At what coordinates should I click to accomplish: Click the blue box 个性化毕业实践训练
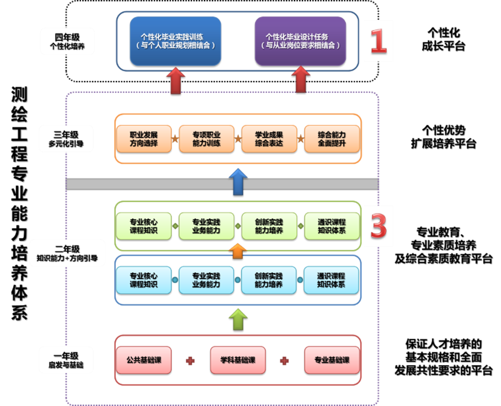tap(175, 41)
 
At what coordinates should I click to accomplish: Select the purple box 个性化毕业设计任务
tap(301, 41)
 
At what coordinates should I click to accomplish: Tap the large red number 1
tap(378, 41)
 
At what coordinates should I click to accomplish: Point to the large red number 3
tap(378, 226)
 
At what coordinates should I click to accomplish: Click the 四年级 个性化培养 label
tap(67, 41)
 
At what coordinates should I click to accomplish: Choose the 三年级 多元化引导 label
tap(66, 139)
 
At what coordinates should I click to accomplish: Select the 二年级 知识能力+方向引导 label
tap(67, 253)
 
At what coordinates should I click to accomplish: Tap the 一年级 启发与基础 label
tap(66, 360)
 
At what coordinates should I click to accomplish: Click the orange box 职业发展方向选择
tap(144, 139)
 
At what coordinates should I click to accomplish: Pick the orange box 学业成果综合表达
tap(269, 139)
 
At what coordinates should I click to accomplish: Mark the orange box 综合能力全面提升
tap(332, 139)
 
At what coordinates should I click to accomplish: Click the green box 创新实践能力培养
tap(269, 226)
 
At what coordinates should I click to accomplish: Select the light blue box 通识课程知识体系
tap(331, 280)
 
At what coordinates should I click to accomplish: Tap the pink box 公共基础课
tap(144, 360)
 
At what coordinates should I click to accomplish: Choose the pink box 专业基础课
tap(332, 360)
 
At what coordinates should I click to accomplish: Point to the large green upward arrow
tap(238, 319)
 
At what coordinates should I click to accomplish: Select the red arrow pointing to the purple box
tap(301, 80)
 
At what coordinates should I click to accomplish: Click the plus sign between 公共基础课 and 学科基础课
tap(190, 361)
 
